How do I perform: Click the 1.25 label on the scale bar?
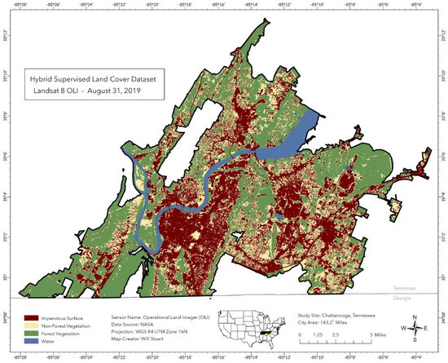(314, 334)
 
